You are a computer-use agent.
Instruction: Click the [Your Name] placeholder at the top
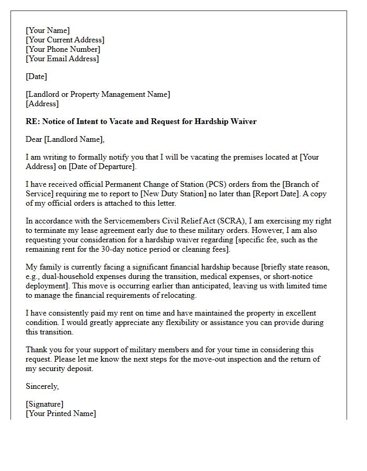coord(48,30)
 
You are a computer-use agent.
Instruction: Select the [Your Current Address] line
coord(65,40)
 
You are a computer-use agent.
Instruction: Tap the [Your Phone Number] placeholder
coord(63,49)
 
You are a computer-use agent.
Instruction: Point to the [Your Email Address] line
coord(62,59)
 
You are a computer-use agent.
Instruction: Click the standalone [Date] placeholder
coord(36,76)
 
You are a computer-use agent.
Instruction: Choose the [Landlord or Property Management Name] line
coord(98,94)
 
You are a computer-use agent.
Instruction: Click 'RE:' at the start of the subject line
coord(33,121)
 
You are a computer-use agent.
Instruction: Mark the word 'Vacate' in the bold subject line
coord(118,121)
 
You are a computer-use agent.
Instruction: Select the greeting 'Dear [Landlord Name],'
coord(65,139)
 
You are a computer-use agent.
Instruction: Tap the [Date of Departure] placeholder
coord(99,166)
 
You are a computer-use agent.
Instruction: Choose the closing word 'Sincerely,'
coord(42,386)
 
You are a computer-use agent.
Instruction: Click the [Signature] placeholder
coord(45,404)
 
